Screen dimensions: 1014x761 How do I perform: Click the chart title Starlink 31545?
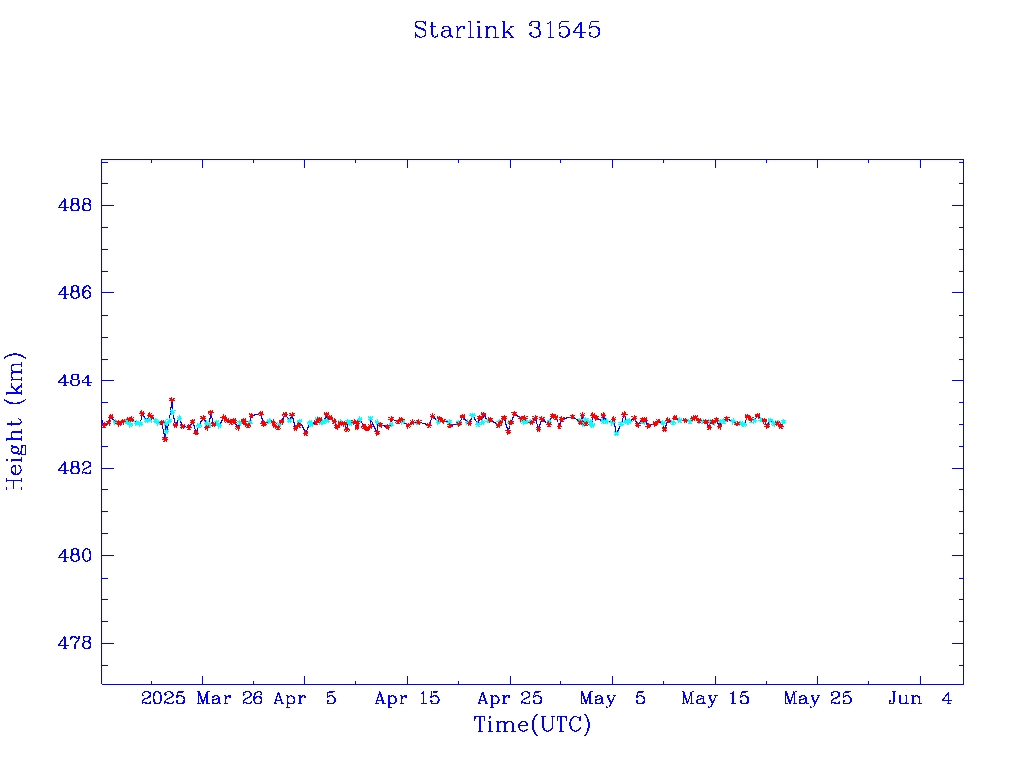(507, 30)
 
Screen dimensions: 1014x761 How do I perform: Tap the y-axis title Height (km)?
(14, 422)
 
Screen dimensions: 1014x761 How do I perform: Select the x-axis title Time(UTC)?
(532, 724)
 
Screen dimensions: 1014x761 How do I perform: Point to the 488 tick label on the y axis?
(75, 205)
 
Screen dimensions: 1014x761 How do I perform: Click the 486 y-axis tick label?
(75, 292)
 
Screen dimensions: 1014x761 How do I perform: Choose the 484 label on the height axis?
(75, 380)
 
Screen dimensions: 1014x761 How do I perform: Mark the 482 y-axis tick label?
(75, 468)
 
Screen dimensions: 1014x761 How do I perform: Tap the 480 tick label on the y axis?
(75, 555)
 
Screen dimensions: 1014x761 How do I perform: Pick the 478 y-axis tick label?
(75, 643)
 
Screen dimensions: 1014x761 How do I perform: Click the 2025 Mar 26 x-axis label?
(202, 698)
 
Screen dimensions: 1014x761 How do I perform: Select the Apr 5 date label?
(305, 698)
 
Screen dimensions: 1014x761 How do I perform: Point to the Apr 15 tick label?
(407, 698)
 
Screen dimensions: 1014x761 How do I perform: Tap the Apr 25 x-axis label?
(510, 698)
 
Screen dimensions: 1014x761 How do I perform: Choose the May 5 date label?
(612, 698)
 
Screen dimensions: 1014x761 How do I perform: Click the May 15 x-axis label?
(715, 698)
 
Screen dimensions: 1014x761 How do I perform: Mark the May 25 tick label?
(818, 698)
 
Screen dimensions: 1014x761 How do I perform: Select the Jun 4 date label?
(920, 698)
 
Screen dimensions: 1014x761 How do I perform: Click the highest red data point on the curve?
(172, 400)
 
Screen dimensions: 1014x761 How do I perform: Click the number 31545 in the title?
(564, 30)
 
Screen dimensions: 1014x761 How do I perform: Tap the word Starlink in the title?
(463, 30)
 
